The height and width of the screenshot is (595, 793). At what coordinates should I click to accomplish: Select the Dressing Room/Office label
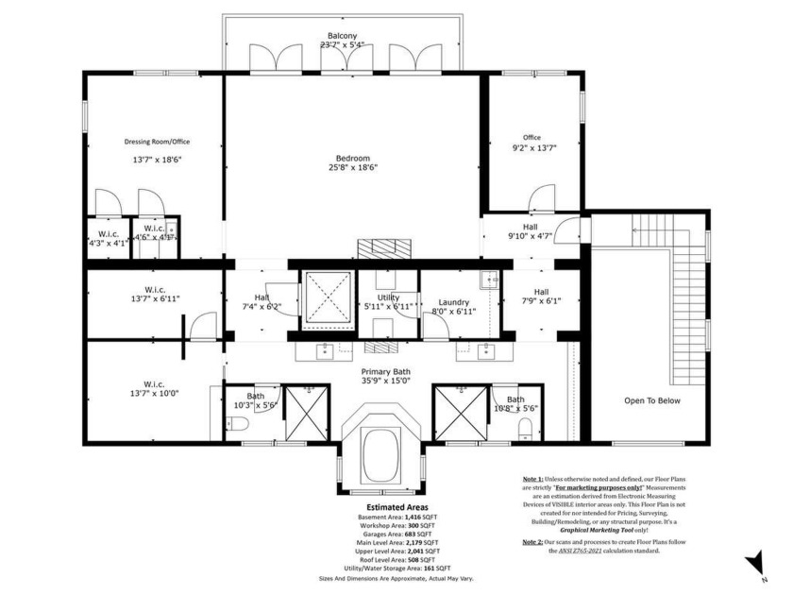coord(157,142)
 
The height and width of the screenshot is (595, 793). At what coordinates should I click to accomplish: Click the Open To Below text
coord(651,400)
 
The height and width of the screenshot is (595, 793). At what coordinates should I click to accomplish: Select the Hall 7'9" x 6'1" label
coord(541,297)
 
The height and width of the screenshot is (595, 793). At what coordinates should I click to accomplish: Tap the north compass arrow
coord(755,564)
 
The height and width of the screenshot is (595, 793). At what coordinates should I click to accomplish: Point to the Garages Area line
coord(396,535)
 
